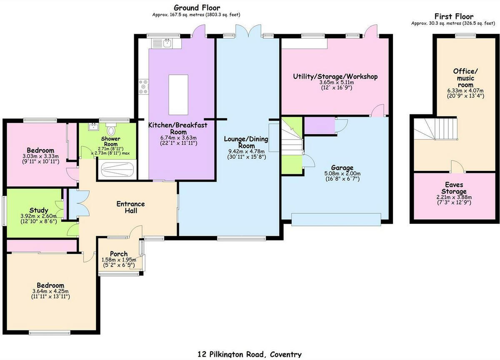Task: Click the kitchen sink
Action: (x=162, y=42)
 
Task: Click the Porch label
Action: (x=119, y=254)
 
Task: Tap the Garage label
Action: (x=342, y=167)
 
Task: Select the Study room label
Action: (x=38, y=210)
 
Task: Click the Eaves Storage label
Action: (x=454, y=188)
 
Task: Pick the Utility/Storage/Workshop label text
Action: (x=335, y=77)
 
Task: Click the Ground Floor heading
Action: (x=197, y=7)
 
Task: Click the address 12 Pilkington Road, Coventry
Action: (x=250, y=354)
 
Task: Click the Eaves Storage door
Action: (x=457, y=167)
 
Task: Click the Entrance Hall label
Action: (x=130, y=207)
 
